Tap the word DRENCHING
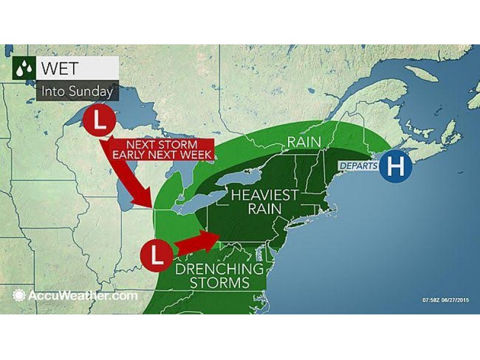click(220, 268)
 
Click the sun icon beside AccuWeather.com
click(19, 295)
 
